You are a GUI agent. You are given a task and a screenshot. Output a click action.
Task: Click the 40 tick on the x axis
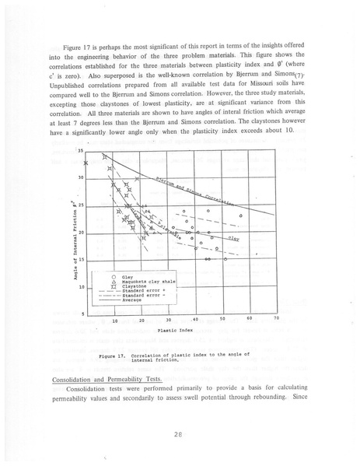tap(195, 319)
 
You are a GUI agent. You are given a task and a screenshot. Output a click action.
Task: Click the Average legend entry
tap(131, 300)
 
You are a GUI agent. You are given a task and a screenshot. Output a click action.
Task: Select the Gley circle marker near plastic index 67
tap(241, 215)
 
